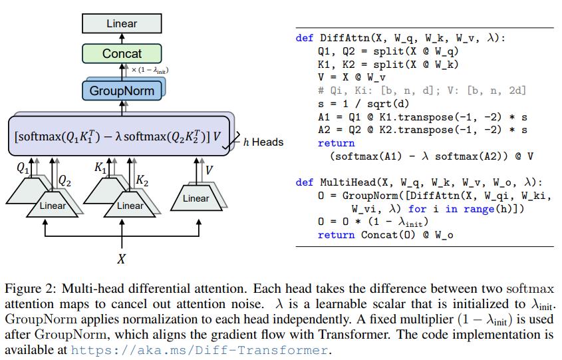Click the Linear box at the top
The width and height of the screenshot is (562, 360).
point(122,23)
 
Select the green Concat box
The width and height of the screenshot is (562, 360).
point(122,54)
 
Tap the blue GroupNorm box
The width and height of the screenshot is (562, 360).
point(122,91)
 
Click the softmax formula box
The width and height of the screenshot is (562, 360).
point(119,136)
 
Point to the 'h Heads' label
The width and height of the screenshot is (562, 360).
point(263,142)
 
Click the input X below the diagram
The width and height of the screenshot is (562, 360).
point(121,259)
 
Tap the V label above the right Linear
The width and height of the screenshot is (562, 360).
point(209,170)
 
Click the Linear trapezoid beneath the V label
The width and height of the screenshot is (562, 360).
point(196,198)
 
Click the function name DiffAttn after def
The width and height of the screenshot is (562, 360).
point(345,39)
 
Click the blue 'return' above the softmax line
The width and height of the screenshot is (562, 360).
point(336,143)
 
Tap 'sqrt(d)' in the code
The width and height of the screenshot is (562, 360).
point(390,104)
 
